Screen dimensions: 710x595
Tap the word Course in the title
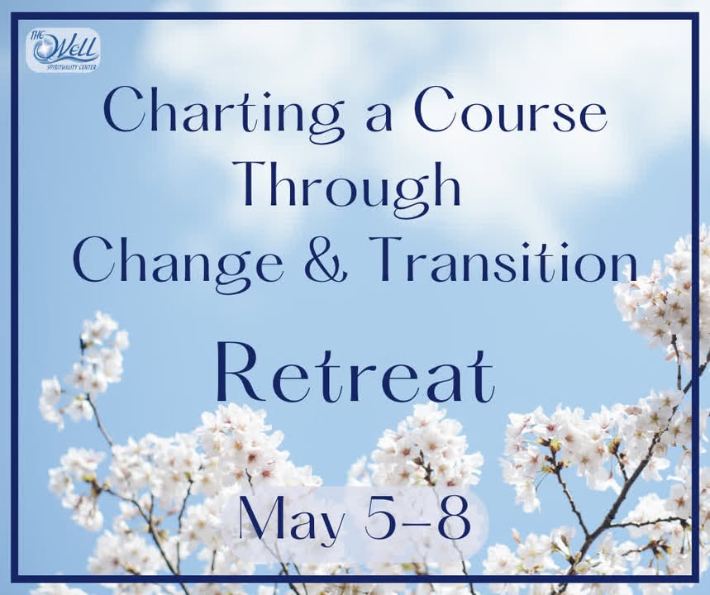[x=512, y=111]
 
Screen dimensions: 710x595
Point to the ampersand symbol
[x=324, y=261]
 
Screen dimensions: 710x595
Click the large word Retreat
[x=355, y=374]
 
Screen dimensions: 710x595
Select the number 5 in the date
[x=379, y=517]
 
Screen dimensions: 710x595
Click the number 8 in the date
[x=455, y=517]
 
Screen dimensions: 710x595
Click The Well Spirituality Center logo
[x=64, y=50]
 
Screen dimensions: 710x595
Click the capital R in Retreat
[x=239, y=374]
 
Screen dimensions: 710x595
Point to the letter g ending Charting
[x=325, y=124]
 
